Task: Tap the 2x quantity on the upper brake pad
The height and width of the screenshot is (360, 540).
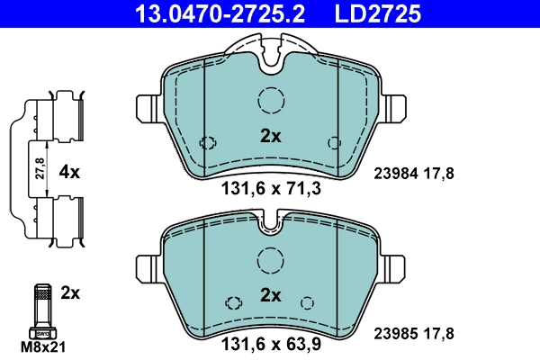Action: pos(271,137)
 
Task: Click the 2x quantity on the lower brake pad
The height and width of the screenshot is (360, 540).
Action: pos(271,294)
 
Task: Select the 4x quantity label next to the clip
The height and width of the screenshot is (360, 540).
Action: pos(70,171)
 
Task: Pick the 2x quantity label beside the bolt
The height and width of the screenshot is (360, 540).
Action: pos(70,292)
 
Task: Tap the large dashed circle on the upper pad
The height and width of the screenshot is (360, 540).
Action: pos(271,102)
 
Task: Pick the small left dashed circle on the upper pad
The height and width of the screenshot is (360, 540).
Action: pos(209,142)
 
